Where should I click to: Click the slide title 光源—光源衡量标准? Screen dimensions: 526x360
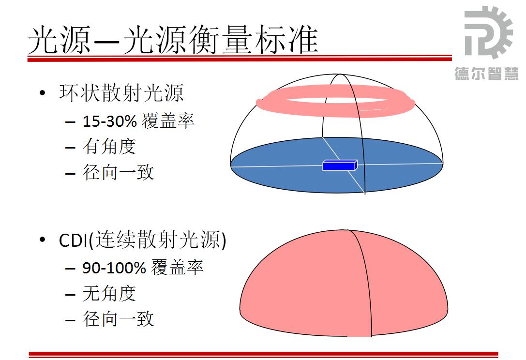[x=173, y=40]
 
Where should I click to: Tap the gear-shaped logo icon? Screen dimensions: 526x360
[x=488, y=32]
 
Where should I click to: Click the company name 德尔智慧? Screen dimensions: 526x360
[x=486, y=74]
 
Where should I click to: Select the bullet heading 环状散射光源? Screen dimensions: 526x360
[x=121, y=93]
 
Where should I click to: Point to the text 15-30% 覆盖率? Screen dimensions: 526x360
[x=138, y=120]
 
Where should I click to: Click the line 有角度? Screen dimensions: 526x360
[x=109, y=146]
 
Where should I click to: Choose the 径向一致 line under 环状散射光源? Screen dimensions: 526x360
[x=119, y=172]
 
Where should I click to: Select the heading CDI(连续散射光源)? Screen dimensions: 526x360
[x=143, y=240]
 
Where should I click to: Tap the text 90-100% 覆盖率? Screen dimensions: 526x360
[x=143, y=268]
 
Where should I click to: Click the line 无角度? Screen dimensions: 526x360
[x=109, y=293]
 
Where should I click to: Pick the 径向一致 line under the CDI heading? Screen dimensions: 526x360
[x=119, y=319]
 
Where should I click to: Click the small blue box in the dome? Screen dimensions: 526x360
[x=340, y=165]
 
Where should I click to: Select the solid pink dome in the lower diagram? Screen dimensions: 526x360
[x=344, y=285]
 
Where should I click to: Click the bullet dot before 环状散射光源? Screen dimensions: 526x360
[x=42, y=93]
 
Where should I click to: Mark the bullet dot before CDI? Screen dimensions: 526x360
[x=42, y=240]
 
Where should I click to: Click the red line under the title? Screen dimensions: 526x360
[x=240, y=59]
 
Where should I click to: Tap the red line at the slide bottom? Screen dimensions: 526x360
[x=263, y=354]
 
